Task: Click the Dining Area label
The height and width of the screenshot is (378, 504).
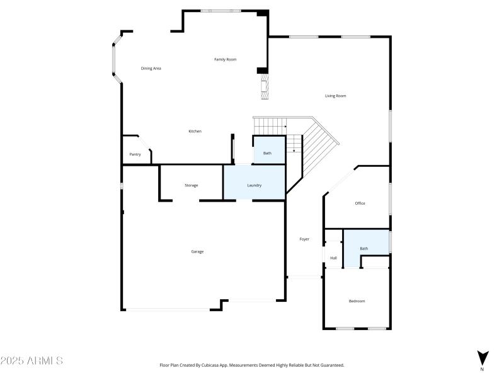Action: [151, 68]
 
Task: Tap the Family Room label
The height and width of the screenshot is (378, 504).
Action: [225, 59]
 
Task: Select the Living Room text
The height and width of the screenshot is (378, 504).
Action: [335, 96]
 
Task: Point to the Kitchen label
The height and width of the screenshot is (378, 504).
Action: [195, 131]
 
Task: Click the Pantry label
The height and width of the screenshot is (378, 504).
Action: [135, 154]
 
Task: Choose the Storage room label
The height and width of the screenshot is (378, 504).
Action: [192, 185]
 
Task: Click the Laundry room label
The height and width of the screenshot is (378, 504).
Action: [254, 185]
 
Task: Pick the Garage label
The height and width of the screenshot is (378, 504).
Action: [197, 251]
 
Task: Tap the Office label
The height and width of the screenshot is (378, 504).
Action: [360, 203]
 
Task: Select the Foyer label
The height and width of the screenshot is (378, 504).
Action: [304, 239]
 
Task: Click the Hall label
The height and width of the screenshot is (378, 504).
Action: [333, 258]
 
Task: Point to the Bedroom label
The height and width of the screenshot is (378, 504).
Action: [357, 301]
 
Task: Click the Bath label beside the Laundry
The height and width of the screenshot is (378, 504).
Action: [267, 153]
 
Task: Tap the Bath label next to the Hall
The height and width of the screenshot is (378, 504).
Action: [364, 249]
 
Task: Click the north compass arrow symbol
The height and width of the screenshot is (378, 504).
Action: [483, 357]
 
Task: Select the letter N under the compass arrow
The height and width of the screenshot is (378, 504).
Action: [483, 369]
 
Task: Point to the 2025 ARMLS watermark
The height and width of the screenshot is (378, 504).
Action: [31, 361]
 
